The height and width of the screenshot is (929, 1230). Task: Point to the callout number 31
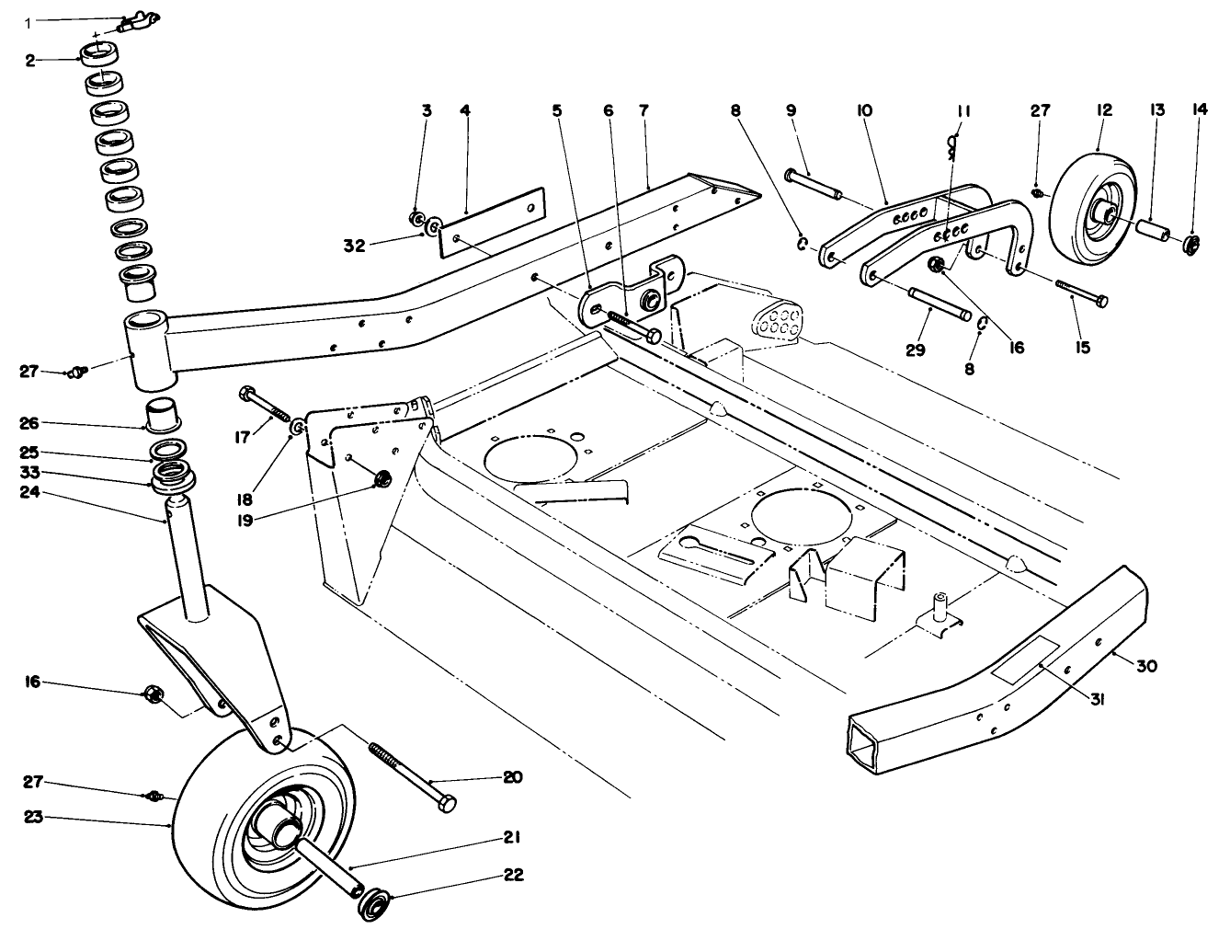pyautogui.click(x=1097, y=698)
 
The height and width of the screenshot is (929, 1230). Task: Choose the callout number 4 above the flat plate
pyautogui.click(x=465, y=109)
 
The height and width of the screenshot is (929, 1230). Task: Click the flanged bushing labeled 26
pyautogui.click(x=163, y=413)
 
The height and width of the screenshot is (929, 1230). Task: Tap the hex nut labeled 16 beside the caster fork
pyautogui.click(x=154, y=694)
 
